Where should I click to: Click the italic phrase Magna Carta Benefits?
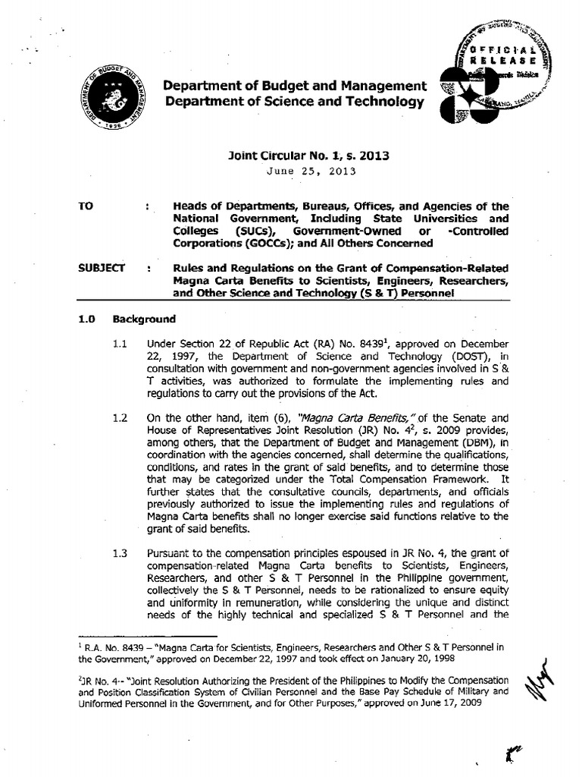tap(349, 417)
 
